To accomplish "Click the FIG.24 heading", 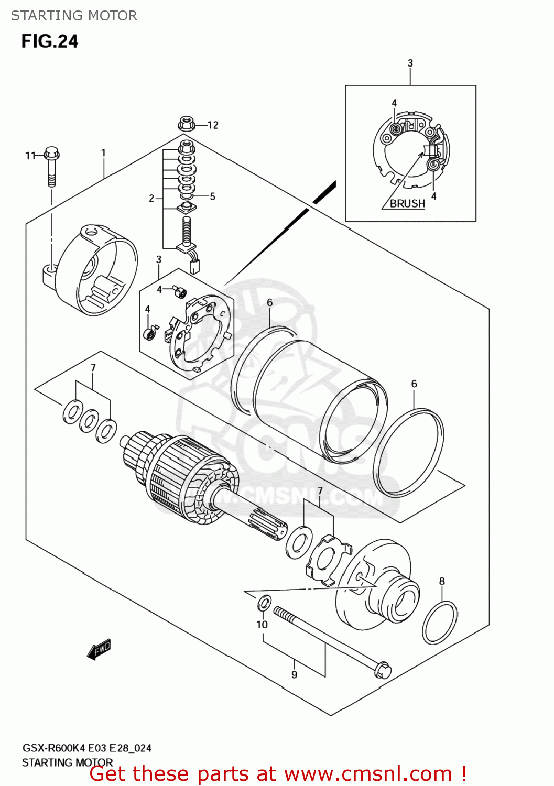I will (x=50, y=41).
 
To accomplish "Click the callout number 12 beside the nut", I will (x=213, y=125).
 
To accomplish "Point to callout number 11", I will (x=30, y=156).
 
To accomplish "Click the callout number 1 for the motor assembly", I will (x=104, y=153).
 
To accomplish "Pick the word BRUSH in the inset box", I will (x=407, y=203).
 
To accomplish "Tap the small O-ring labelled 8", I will (x=440, y=623).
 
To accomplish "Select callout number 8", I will (x=442, y=581).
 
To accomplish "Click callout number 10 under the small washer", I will (x=262, y=624).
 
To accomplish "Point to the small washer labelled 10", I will (x=265, y=603).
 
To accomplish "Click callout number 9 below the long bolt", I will (x=295, y=674).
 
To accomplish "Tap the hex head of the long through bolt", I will (x=383, y=669).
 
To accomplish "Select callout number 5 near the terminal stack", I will (x=213, y=196).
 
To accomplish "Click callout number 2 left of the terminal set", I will (x=151, y=198).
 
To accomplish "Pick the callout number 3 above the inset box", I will (x=410, y=63).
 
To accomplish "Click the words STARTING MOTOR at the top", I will (x=74, y=16).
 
